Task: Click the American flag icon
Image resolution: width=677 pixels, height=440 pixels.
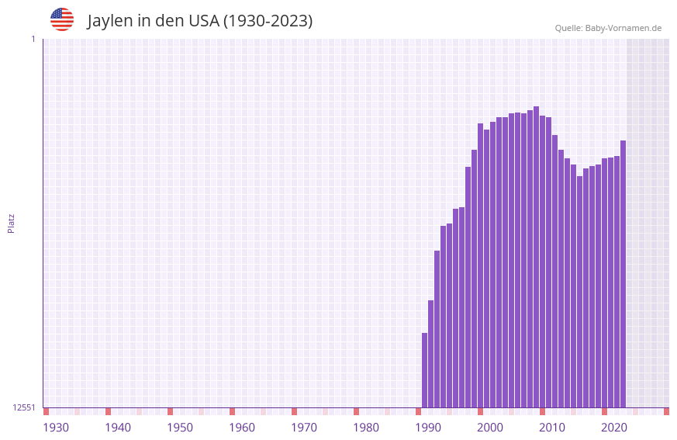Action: click(x=62, y=19)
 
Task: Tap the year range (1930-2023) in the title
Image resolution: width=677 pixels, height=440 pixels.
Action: click(x=268, y=21)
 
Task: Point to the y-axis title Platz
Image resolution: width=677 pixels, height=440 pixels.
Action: click(x=11, y=223)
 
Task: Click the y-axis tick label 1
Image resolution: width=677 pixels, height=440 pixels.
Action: click(x=33, y=39)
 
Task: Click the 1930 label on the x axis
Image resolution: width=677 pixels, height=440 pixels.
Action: click(x=56, y=428)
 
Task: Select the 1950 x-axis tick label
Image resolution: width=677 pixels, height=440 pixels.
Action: click(x=180, y=428)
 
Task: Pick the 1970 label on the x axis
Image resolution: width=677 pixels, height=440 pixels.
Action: click(x=304, y=428)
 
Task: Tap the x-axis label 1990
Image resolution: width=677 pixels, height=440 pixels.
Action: click(x=428, y=428)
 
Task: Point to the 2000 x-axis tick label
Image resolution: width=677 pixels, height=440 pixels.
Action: click(x=490, y=428)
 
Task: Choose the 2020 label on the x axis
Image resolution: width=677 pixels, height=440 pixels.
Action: click(x=614, y=428)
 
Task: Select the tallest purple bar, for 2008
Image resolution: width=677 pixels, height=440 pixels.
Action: click(x=537, y=257)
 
